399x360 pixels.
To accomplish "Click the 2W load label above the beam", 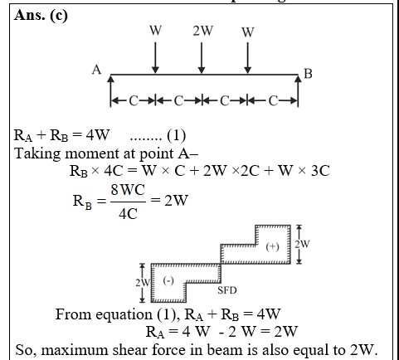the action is point(203,31).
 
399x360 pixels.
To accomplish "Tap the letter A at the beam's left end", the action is point(96,70).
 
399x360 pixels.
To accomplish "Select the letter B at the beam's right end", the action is point(308,74).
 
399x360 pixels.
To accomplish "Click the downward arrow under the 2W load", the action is point(202,58).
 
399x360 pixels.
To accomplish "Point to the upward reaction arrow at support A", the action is point(110,90).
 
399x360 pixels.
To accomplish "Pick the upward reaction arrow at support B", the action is point(298,90).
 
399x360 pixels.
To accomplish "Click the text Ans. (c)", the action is point(41,15).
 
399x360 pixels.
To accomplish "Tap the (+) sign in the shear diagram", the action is point(273,246).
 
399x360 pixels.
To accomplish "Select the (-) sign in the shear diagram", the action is point(168,281).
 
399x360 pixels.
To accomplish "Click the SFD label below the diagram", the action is point(227,290).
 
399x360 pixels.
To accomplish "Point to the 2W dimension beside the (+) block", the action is point(302,244).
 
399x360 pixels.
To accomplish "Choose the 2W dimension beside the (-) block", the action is point(143,283).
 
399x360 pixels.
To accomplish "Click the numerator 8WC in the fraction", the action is point(128,190).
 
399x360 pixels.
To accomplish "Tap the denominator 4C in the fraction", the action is point(128,214).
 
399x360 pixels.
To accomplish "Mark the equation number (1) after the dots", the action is point(177,135).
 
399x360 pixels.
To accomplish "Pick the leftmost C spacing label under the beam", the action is point(133,101).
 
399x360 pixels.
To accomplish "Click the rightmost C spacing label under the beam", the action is point(273,101).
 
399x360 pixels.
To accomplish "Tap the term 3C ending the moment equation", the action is point(320,171).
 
